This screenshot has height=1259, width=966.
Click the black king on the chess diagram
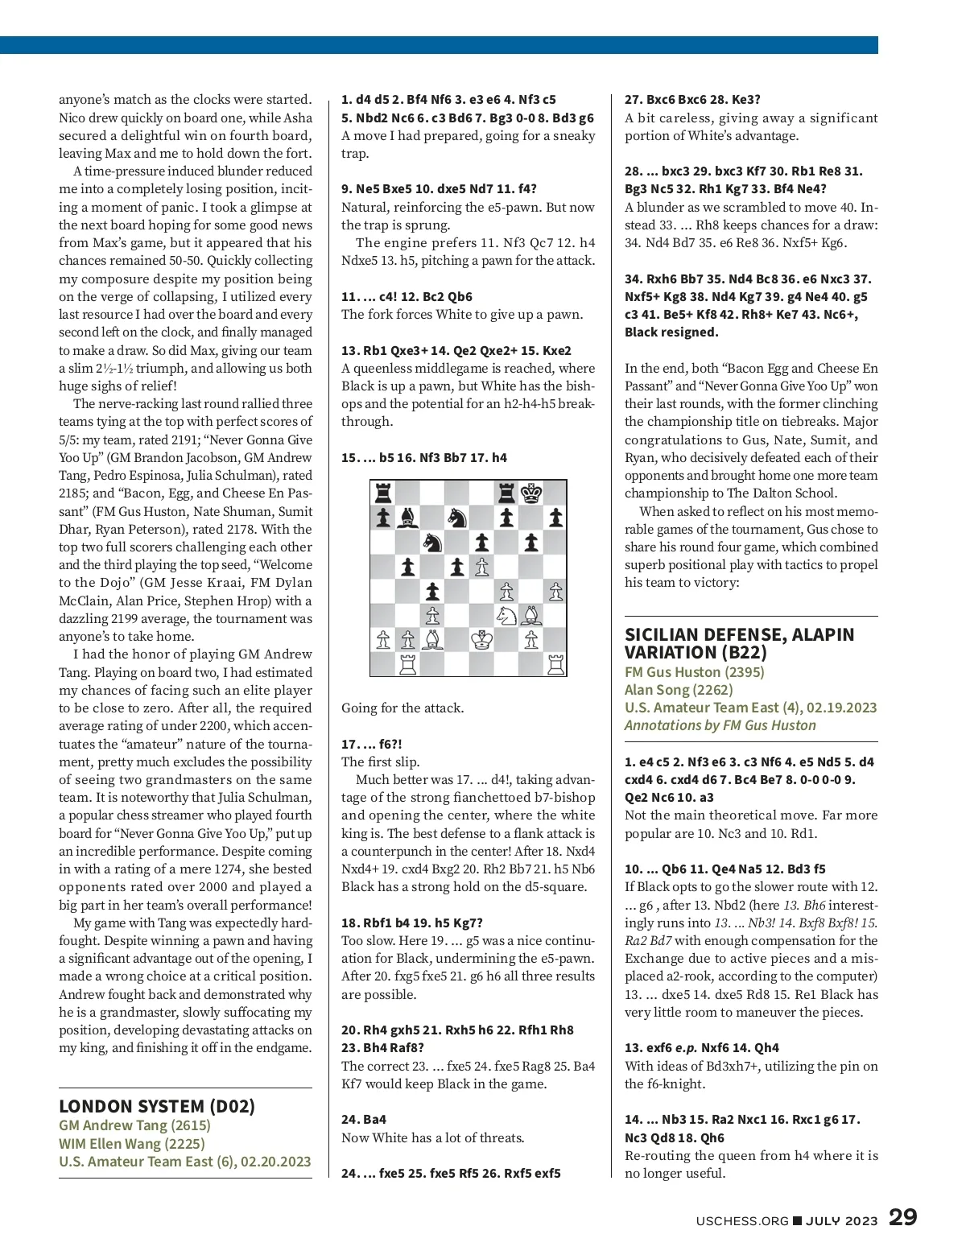point(531,493)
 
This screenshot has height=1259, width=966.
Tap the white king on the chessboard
point(481,640)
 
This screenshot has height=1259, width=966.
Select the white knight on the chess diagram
point(506,616)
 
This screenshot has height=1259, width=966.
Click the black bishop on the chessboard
point(408,518)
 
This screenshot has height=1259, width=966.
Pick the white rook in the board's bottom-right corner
point(555,664)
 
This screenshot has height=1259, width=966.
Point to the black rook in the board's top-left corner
point(383,493)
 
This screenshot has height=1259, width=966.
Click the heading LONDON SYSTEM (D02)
point(157,1106)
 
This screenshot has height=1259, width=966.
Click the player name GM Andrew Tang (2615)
point(134,1125)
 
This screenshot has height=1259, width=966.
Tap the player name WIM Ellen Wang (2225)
point(132,1143)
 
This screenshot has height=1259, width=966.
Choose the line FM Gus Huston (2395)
point(694,671)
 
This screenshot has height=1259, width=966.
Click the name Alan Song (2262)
point(679,690)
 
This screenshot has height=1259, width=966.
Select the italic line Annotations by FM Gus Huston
point(720,725)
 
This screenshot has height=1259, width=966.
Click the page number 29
point(902,1217)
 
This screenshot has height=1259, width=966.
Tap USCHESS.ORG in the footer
point(742,1220)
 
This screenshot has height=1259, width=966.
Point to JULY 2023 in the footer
point(841,1220)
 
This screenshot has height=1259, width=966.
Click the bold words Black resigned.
point(671,332)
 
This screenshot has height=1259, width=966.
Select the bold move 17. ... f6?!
point(371,744)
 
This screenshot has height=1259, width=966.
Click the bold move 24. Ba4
point(363,1119)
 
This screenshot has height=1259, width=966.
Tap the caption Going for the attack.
point(402,708)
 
